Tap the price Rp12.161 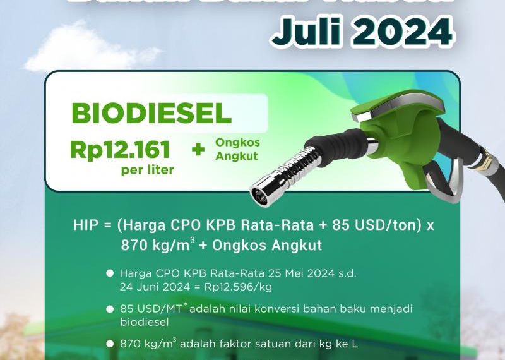tap(121, 150)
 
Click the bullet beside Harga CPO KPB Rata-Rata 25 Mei tap(110, 273)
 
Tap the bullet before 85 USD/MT tap(110, 309)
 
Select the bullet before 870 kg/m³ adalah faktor tap(110, 344)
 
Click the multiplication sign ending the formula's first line tap(431, 227)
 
